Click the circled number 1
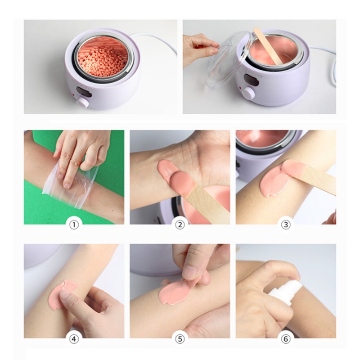(74, 224)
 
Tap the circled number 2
(180, 224)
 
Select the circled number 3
(286, 224)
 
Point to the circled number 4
(74, 339)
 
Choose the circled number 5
(180, 339)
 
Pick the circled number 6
(286, 339)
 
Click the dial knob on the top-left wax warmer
(83, 102)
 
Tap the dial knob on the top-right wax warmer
(248, 93)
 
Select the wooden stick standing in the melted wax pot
(268, 46)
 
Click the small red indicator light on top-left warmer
(73, 94)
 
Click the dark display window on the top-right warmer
(252, 79)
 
